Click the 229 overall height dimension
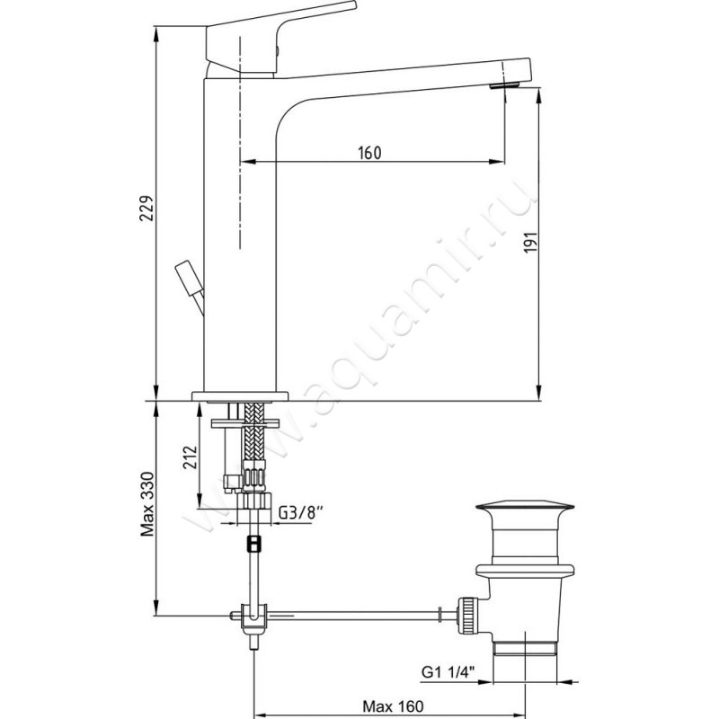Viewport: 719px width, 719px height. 146,209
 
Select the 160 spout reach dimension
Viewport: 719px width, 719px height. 369,153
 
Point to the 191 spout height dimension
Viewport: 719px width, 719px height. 530,242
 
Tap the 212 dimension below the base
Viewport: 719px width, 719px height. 190,457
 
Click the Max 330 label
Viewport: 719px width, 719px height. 147,503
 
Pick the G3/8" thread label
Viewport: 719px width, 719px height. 298,512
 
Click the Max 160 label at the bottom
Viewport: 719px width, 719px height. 393,706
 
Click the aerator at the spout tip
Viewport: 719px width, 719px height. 504,85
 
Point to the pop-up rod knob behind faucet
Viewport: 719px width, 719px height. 189,279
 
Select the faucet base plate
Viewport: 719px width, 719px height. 240,396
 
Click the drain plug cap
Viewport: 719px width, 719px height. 525,506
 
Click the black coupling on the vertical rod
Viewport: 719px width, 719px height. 253,544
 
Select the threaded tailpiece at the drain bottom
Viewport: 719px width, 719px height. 525,649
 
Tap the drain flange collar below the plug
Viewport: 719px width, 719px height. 525,570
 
